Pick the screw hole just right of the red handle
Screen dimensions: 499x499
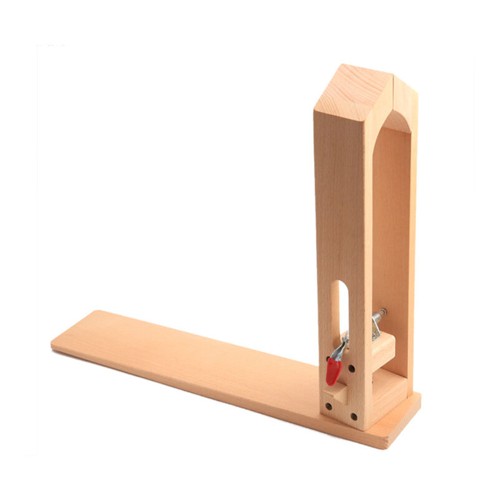[x=352, y=369]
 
